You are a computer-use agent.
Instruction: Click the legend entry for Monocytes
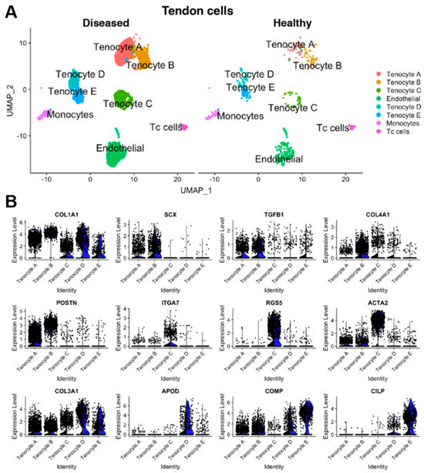385,122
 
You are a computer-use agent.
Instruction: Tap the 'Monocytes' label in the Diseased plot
70,115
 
